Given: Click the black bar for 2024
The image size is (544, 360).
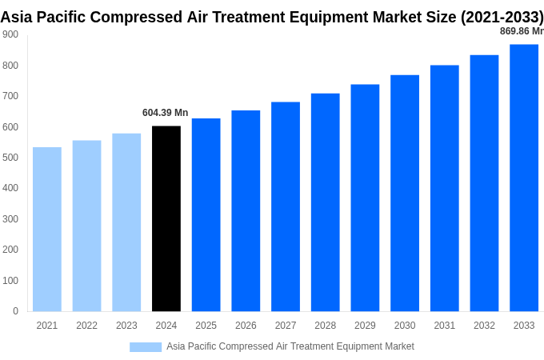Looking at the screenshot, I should click(166, 218).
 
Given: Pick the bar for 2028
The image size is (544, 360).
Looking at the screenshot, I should click(325, 202).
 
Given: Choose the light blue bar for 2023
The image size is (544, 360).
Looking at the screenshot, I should click(126, 222).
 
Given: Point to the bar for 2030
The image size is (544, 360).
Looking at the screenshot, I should click(405, 193).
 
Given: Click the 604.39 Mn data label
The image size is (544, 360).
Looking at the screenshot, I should click(166, 113).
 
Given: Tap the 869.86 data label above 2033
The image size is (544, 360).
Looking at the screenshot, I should click(521, 31).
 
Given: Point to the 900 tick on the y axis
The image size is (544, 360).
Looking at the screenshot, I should click(10, 34).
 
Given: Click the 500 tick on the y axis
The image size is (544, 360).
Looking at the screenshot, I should click(10, 158).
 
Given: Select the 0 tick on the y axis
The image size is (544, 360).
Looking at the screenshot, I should click(15, 311).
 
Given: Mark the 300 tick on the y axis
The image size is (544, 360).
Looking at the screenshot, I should click(10, 219).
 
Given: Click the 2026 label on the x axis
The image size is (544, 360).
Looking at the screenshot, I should click(246, 326).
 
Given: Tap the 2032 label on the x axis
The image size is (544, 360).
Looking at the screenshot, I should click(484, 326).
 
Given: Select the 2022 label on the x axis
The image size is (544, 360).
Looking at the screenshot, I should click(86, 326).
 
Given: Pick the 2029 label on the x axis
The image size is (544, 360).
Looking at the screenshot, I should click(365, 326).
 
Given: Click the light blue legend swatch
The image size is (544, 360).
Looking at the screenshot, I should click(146, 346).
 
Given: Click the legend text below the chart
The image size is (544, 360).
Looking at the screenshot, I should click(290, 346).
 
